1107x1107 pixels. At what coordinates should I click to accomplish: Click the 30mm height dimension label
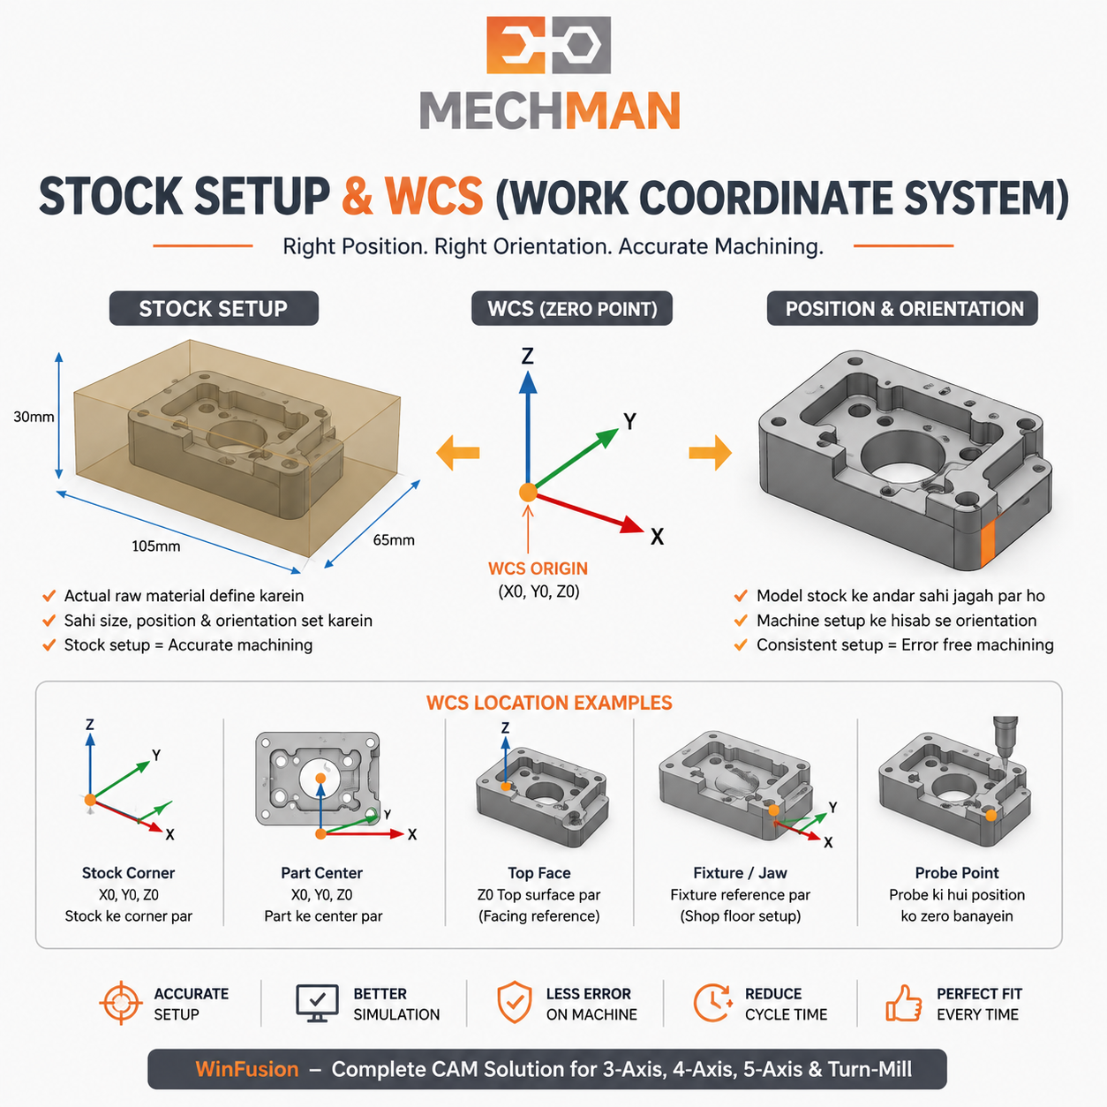(34, 417)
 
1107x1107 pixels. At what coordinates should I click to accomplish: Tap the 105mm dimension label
(155, 546)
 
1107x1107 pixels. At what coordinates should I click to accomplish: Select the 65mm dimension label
(394, 540)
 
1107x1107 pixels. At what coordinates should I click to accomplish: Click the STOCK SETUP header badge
(214, 308)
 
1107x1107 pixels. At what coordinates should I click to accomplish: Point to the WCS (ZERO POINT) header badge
(572, 308)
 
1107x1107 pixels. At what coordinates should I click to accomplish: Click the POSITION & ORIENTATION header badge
(902, 308)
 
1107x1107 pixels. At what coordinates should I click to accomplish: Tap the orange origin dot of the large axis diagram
(528, 493)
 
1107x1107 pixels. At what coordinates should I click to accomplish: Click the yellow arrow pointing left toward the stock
(458, 453)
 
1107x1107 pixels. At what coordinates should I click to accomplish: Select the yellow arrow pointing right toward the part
(711, 453)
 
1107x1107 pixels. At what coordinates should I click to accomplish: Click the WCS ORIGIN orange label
(538, 569)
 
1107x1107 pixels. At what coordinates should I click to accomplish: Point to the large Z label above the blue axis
(527, 356)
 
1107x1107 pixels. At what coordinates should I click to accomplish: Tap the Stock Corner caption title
(128, 872)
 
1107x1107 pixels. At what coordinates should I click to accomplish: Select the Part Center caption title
(321, 872)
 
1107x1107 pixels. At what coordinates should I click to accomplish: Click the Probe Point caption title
(957, 872)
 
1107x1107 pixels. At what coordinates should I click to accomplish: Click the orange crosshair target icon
(121, 1003)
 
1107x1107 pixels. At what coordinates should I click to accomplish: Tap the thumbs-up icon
(903, 1003)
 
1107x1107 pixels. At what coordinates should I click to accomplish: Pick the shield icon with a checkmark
(514, 1002)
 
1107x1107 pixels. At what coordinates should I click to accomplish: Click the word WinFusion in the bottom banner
(247, 1069)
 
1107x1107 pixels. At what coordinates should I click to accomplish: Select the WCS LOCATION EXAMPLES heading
(549, 703)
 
